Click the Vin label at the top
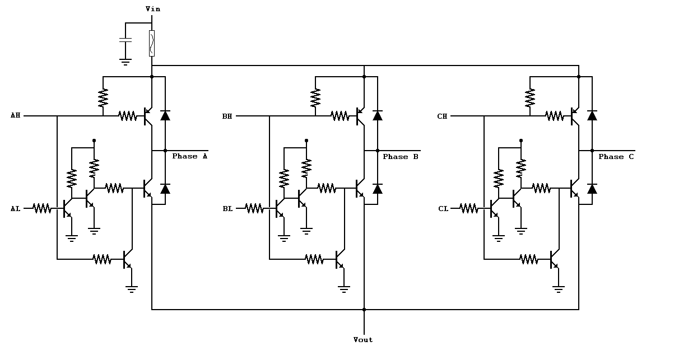tap(152, 8)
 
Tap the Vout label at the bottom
tap(363, 340)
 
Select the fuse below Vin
tap(152, 44)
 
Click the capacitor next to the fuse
tap(125, 40)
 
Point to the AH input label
tap(15, 115)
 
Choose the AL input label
tap(15, 208)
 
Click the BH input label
tap(227, 116)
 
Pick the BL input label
tap(227, 209)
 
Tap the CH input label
tap(442, 116)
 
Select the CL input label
tap(443, 209)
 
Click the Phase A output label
tap(189, 156)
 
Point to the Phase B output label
tap(400, 157)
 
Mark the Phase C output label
tap(616, 157)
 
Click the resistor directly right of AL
tap(42, 208)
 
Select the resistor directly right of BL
tap(254, 208)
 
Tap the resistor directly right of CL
tap(469, 208)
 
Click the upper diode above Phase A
tap(165, 115)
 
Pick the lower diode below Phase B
tap(378, 189)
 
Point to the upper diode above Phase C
tap(592, 115)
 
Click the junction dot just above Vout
tap(364, 309)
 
